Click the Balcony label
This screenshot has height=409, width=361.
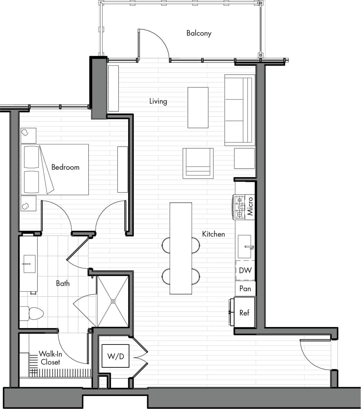(x=199, y=33)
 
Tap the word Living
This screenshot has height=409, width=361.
(x=158, y=101)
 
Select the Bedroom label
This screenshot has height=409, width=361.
(x=65, y=167)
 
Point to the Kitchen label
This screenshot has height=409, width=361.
(x=213, y=234)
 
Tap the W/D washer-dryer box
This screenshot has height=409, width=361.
(x=116, y=356)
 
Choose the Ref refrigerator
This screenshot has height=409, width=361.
(x=244, y=313)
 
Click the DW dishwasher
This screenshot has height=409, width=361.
(x=245, y=271)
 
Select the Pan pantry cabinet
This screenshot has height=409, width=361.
(x=245, y=288)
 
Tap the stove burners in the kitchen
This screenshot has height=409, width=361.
(x=239, y=207)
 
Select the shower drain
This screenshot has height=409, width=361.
(x=113, y=301)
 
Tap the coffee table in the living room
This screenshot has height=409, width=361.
(x=198, y=108)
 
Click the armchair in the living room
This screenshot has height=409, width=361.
(x=198, y=163)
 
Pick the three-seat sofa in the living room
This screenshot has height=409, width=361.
(x=239, y=110)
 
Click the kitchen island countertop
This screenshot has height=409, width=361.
(x=181, y=248)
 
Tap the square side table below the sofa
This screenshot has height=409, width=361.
(x=244, y=158)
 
